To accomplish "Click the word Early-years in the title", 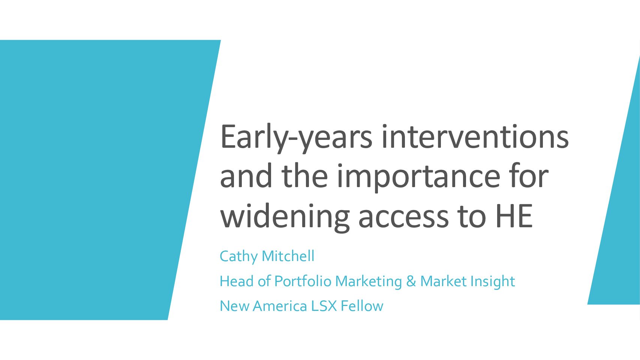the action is [296, 138].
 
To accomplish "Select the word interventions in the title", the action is [475, 136].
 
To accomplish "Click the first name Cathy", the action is [238, 256].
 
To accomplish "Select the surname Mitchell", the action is [288, 256].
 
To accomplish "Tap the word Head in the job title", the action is [237, 281].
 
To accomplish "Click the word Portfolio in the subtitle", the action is [303, 281].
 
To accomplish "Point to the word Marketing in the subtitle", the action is [368, 281].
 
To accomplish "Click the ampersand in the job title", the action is [411, 281].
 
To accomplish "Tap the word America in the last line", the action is [280, 306].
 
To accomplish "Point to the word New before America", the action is [234, 306].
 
